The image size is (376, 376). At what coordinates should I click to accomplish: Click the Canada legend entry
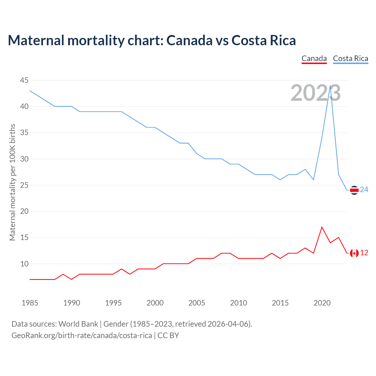pyautogui.click(x=314, y=58)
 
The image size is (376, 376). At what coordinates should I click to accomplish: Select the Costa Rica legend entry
pyautogui.click(x=350, y=58)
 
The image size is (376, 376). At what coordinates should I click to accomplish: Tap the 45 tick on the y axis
pyautogui.click(x=24, y=80)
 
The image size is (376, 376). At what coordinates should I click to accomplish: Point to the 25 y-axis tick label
pyautogui.click(x=24, y=185)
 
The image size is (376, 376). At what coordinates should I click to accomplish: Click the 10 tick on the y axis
pyautogui.click(x=24, y=264)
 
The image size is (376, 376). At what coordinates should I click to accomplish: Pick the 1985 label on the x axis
pyautogui.click(x=30, y=303)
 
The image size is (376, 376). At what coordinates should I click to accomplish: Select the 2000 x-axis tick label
pyautogui.click(x=155, y=303)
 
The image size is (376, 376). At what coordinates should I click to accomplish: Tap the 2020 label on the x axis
pyautogui.click(x=322, y=303)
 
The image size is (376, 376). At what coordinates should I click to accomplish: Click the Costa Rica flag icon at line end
pyautogui.click(x=354, y=190)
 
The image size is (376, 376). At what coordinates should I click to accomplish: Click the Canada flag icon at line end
pyautogui.click(x=354, y=253)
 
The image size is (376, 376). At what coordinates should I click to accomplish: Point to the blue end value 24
pyautogui.click(x=364, y=190)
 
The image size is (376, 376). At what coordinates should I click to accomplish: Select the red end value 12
pyautogui.click(x=364, y=253)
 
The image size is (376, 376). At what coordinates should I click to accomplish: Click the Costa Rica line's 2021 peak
pyautogui.click(x=330, y=86)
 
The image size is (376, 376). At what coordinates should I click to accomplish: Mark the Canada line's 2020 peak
pyautogui.click(x=322, y=227)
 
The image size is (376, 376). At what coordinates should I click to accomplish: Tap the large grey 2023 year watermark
pyautogui.click(x=315, y=93)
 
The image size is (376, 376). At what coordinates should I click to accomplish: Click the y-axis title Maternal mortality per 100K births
pyautogui.click(x=12, y=182)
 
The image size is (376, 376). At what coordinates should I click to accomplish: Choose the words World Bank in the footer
pyautogui.click(x=78, y=324)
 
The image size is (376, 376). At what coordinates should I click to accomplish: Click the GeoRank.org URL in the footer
pyautogui.click(x=82, y=335)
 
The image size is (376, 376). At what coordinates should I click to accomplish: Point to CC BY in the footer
pyautogui.click(x=168, y=335)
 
